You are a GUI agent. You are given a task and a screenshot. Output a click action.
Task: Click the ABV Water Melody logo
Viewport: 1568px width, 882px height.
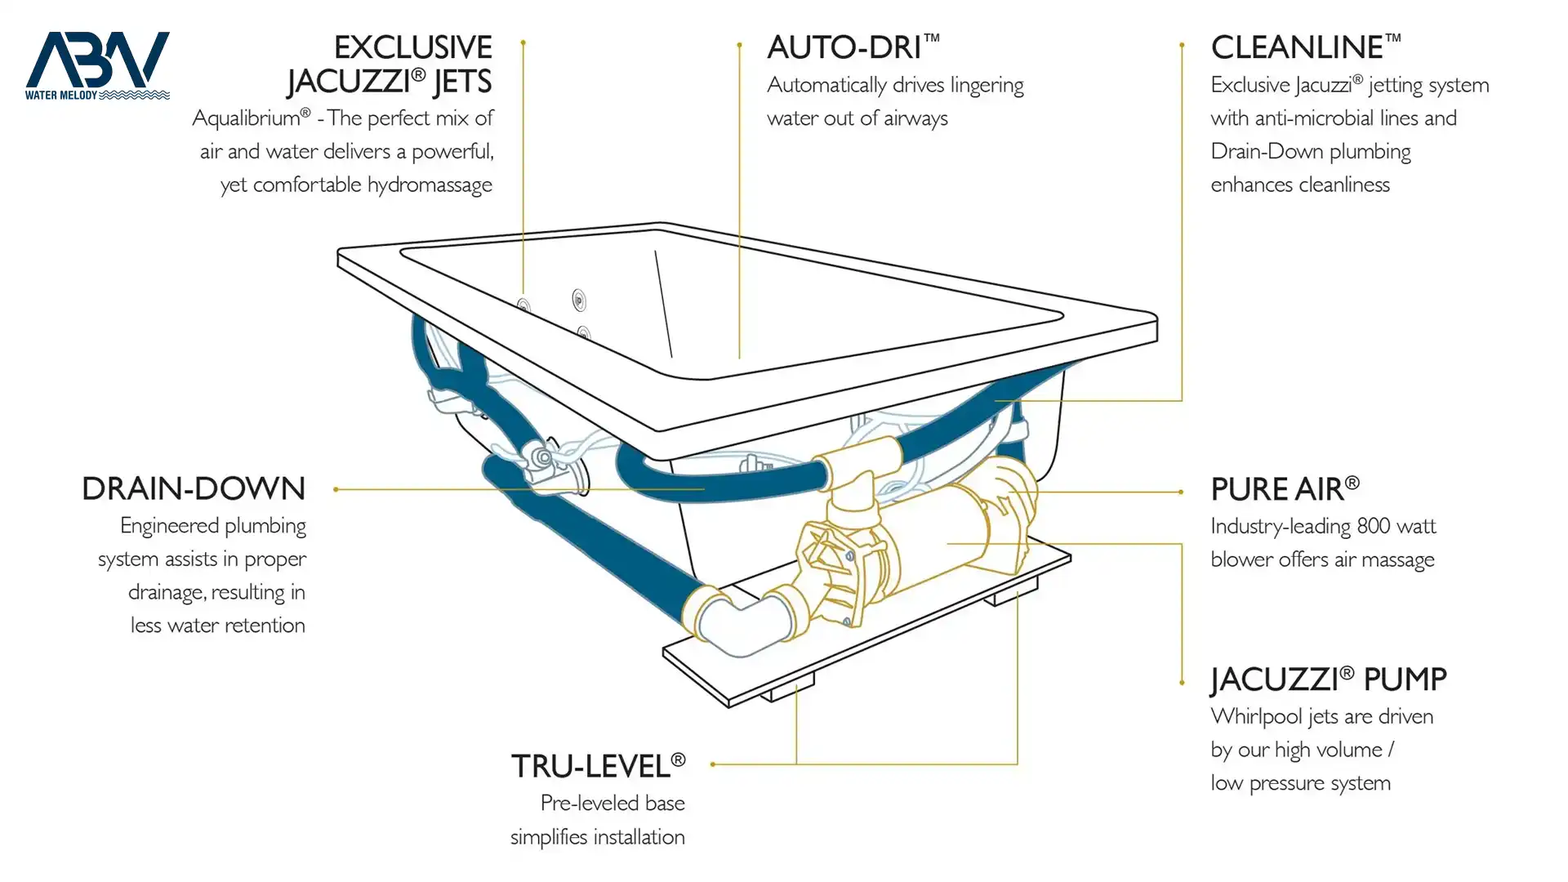pos(97,65)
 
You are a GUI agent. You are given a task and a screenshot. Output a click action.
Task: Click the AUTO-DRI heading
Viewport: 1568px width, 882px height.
pos(853,47)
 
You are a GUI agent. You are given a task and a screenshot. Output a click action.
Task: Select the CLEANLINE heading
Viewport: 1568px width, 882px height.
pos(1306,47)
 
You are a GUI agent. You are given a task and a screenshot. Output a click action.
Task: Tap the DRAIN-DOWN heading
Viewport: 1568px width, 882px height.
pos(194,488)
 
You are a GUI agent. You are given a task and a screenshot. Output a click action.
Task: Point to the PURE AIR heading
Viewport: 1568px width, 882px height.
pos(1285,488)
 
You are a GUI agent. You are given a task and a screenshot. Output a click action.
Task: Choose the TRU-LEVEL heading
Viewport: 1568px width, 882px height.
pos(598,766)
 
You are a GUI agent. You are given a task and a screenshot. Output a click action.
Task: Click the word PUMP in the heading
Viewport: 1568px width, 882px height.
pos(1405,679)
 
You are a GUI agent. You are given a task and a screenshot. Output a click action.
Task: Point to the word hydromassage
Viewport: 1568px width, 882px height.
pos(430,185)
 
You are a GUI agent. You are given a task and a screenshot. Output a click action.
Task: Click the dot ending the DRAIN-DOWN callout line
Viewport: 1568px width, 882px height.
pos(336,489)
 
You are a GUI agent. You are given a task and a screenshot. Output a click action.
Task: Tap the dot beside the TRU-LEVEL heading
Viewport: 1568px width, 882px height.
pos(713,764)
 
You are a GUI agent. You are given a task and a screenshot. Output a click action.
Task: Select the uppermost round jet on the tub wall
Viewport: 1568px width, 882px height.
pos(579,300)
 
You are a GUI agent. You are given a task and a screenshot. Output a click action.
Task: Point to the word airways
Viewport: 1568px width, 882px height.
pos(915,119)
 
